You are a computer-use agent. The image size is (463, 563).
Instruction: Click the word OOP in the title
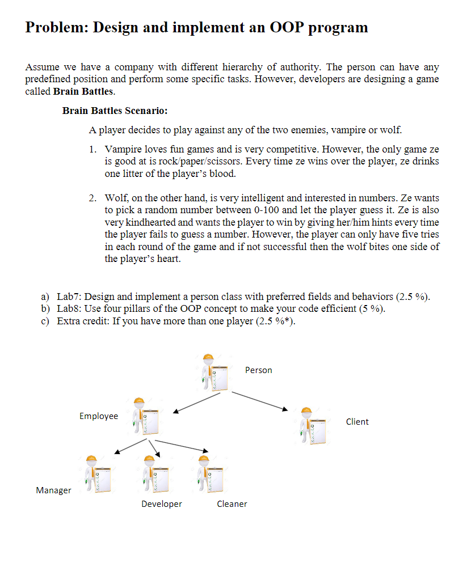tap(284, 27)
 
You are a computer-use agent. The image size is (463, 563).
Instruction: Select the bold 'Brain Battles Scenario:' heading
tap(115, 111)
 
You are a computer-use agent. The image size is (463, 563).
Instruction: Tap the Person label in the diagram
tap(258, 370)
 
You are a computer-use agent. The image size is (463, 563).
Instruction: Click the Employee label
tap(99, 416)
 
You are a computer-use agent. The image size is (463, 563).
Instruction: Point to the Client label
tap(357, 422)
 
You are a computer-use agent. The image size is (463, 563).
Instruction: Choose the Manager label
tap(53, 490)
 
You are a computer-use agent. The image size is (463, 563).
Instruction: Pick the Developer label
tap(162, 504)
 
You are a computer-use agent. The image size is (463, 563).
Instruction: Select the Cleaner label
tap(232, 504)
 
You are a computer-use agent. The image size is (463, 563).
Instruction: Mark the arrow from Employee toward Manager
tap(129, 446)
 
